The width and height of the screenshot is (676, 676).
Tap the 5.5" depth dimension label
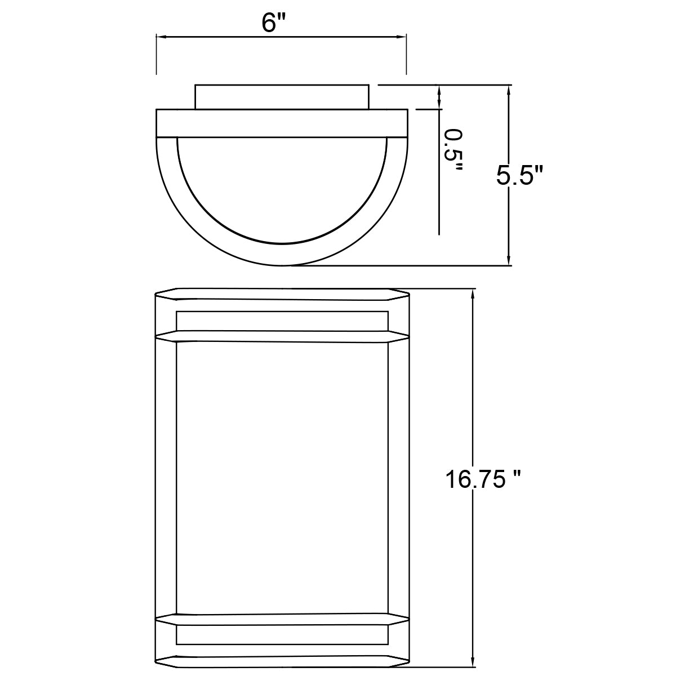point(519,176)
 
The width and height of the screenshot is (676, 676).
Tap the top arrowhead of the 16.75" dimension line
point(472,293)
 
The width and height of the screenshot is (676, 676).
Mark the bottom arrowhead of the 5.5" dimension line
point(509,261)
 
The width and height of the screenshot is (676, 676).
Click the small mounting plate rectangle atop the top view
point(282,97)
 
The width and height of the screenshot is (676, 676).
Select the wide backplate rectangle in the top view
point(282,123)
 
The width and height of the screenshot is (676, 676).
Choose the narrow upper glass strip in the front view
point(282,321)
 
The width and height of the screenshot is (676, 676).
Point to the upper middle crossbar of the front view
point(282,336)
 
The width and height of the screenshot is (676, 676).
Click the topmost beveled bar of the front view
point(282,293)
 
